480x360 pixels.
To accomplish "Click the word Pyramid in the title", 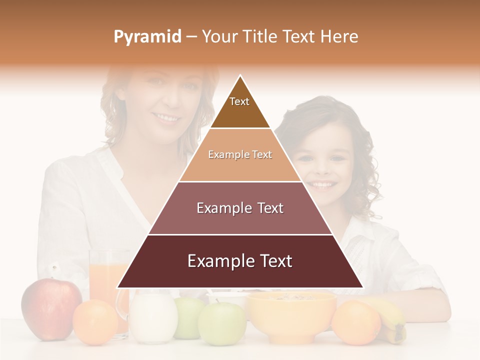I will click(147, 37).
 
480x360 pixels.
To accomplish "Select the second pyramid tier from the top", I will click(240, 154).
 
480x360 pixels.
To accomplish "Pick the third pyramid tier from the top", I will click(240, 208).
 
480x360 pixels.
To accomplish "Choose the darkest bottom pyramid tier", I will click(240, 261).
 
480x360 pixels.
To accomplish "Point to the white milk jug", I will click(152, 318).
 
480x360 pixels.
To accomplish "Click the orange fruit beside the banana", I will click(356, 322).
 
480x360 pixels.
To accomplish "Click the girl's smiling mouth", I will click(322, 184).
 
